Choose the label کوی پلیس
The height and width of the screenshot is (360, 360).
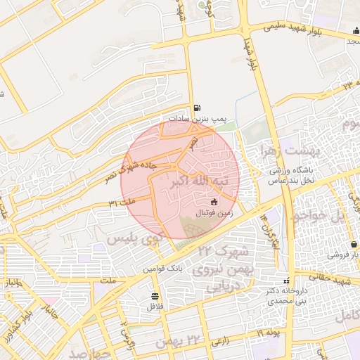(x=135, y=239)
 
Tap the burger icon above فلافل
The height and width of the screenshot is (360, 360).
(x=154, y=296)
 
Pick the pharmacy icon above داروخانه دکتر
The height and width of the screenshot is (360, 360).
(x=285, y=280)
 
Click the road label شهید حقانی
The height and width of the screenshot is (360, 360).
(x=336, y=281)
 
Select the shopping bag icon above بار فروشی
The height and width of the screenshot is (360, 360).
(x=352, y=244)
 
